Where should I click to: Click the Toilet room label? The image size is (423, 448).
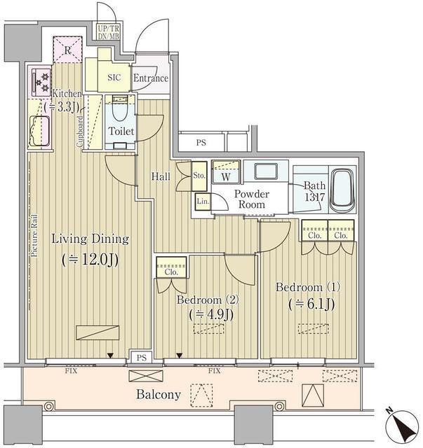point(121,131)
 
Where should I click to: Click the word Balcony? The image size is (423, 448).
point(159,395)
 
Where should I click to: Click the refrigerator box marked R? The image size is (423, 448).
point(67,50)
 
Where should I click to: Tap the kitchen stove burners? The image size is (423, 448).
point(41,82)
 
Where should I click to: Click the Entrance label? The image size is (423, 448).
point(150,78)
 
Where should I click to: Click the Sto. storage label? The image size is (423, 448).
point(199,175)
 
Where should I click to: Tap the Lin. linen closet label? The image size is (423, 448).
point(202,201)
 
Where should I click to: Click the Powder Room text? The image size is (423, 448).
point(250,199)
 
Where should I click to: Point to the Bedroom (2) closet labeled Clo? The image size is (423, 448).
point(172,265)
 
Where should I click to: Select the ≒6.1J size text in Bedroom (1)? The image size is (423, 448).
point(309,304)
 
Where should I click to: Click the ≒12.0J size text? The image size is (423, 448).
point(89,259)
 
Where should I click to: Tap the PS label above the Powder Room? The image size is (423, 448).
point(201,143)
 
